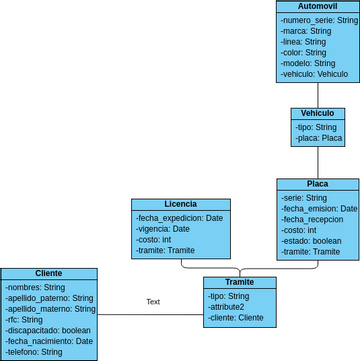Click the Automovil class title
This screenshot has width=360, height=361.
point(317,6)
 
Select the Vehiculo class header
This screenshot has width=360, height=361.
point(318,114)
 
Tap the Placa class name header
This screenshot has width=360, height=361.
point(317,184)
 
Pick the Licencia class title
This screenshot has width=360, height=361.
point(180,204)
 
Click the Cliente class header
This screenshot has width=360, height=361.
point(48,273)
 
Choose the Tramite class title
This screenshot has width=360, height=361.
point(240,283)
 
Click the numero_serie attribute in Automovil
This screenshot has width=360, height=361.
point(318,20)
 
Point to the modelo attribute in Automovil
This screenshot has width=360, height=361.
point(305,62)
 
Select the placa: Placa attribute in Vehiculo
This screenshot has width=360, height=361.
point(319,138)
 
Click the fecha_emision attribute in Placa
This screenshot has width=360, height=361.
point(319,208)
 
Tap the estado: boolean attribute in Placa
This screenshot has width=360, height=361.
point(311,241)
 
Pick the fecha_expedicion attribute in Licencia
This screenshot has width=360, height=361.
point(180,218)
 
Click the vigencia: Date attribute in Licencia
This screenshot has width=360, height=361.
point(163,229)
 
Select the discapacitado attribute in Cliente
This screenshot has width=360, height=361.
point(48,330)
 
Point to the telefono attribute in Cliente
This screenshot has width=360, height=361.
point(34,352)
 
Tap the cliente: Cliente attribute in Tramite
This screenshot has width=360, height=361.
point(236,318)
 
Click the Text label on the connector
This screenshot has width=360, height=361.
point(153,301)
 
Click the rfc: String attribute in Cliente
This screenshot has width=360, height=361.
point(24,320)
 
